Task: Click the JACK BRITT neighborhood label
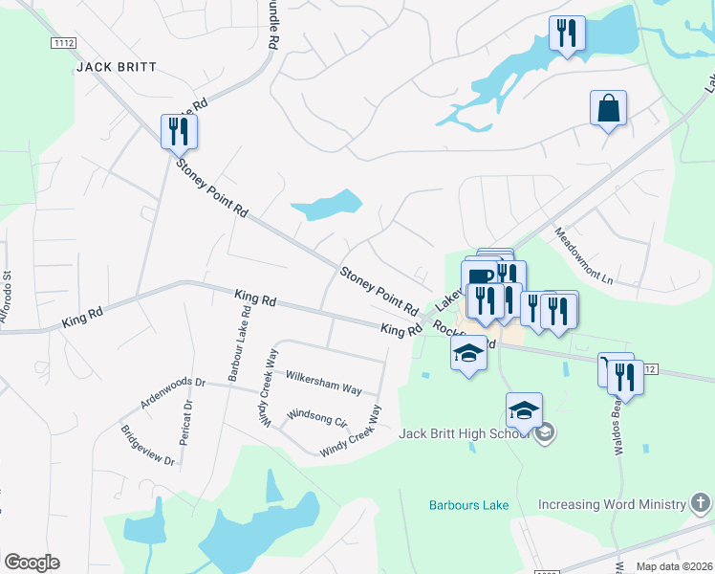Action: [116, 68]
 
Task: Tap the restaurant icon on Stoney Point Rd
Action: [178, 131]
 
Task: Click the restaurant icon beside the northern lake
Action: [567, 34]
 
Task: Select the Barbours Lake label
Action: [468, 504]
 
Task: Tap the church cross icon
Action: [701, 503]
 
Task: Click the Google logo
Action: [32, 563]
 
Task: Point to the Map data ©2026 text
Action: [673, 566]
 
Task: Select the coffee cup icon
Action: [482, 276]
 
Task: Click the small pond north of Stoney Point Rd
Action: [327, 205]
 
